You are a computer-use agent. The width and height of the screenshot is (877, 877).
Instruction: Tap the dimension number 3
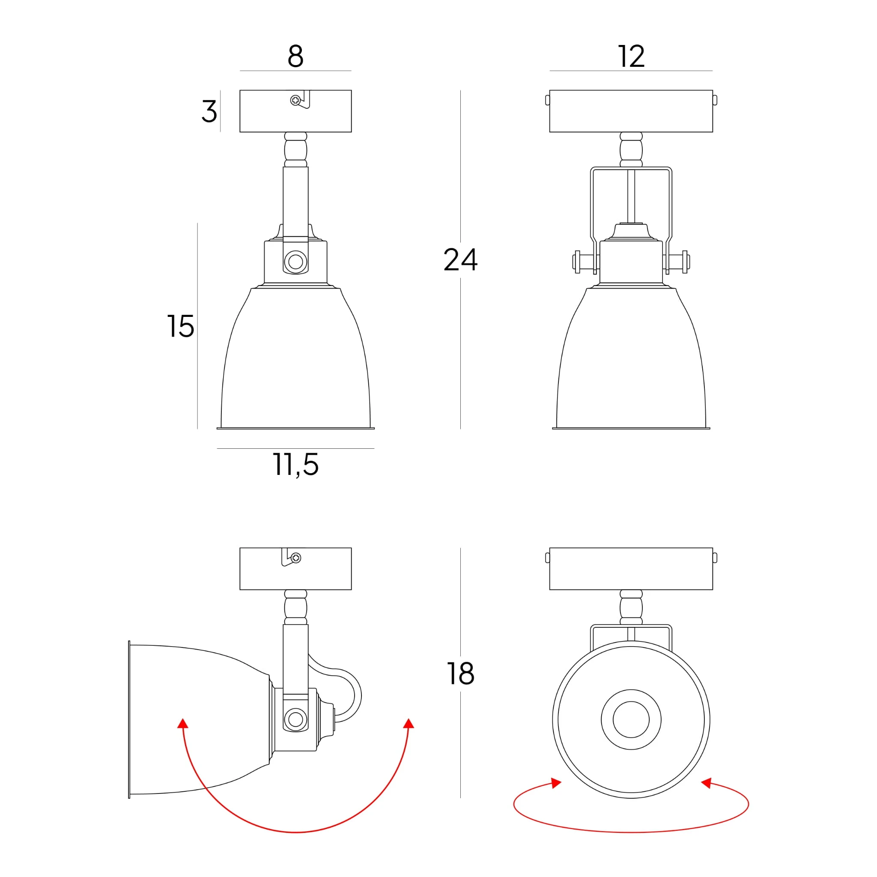click(x=209, y=111)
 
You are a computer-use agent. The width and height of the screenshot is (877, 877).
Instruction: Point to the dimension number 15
click(x=181, y=326)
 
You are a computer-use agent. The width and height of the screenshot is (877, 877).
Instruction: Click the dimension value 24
click(x=460, y=260)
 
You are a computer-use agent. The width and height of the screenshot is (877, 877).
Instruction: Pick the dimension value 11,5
click(x=295, y=465)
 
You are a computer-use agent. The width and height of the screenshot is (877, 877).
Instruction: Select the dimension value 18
click(x=460, y=674)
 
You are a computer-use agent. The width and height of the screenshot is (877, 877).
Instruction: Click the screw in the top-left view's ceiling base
click(x=295, y=100)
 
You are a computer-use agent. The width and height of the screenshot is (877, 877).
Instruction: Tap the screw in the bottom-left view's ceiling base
click(x=296, y=558)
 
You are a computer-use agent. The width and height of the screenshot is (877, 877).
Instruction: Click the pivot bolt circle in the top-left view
click(x=295, y=262)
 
